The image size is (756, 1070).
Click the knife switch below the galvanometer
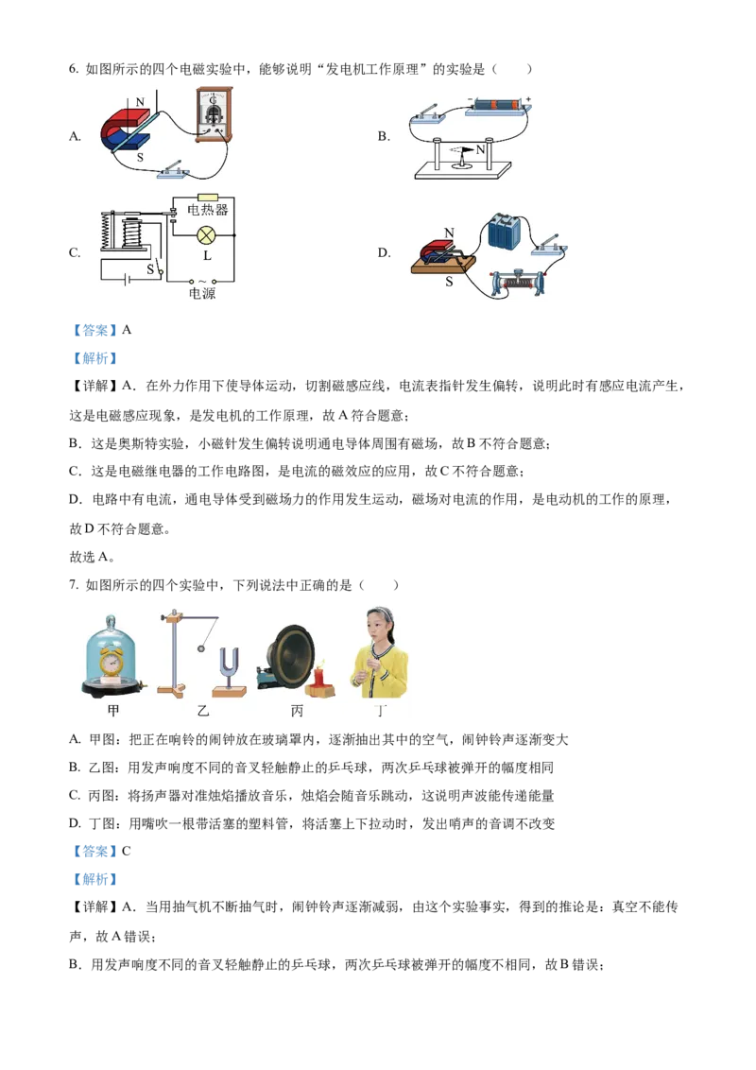click(174, 170)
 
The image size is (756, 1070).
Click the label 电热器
click(208, 210)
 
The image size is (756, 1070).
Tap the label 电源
click(202, 293)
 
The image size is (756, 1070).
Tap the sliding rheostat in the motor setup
click(515, 283)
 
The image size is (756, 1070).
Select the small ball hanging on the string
click(200, 648)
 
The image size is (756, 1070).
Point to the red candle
click(318, 677)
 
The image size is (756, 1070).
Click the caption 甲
click(113, 711)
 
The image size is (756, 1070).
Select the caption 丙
click(298, 711)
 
